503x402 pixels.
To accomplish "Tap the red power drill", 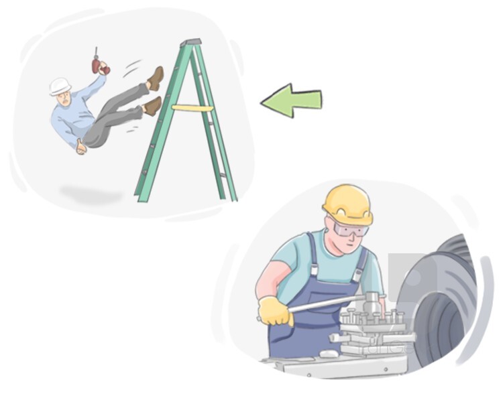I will [x=100, y=65].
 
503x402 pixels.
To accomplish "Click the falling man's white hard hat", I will [x=60, y=85].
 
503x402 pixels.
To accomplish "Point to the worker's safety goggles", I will [x=350, y=230].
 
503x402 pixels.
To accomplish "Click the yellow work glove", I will [x=276, y=310].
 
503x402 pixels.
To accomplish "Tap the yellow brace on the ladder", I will [x=192, y=107].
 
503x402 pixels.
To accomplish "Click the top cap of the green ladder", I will [x=191, y=42].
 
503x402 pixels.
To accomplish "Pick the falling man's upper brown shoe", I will [x=156, y=78].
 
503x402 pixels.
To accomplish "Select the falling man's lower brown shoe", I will [x=152, y=106].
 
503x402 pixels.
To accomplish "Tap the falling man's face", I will [x=62, y=98].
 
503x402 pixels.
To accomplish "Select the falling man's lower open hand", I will [x=80, y=146].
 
